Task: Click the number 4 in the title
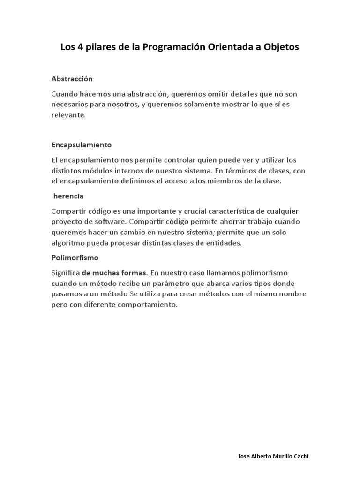[x=80, y=47]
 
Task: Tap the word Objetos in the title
[x=279, y=47]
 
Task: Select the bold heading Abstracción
[x=72, y=79]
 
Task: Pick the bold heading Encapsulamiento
[x=81, y=144]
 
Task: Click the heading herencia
[x=68, y=196]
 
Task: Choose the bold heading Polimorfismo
[x=75, y=258]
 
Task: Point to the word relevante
[x=68, y=115]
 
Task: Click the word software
[x=110, y=221]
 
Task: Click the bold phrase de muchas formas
[x=114, y=272]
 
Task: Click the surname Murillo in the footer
[x=282, y=456]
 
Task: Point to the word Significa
[x=66, y=272]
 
